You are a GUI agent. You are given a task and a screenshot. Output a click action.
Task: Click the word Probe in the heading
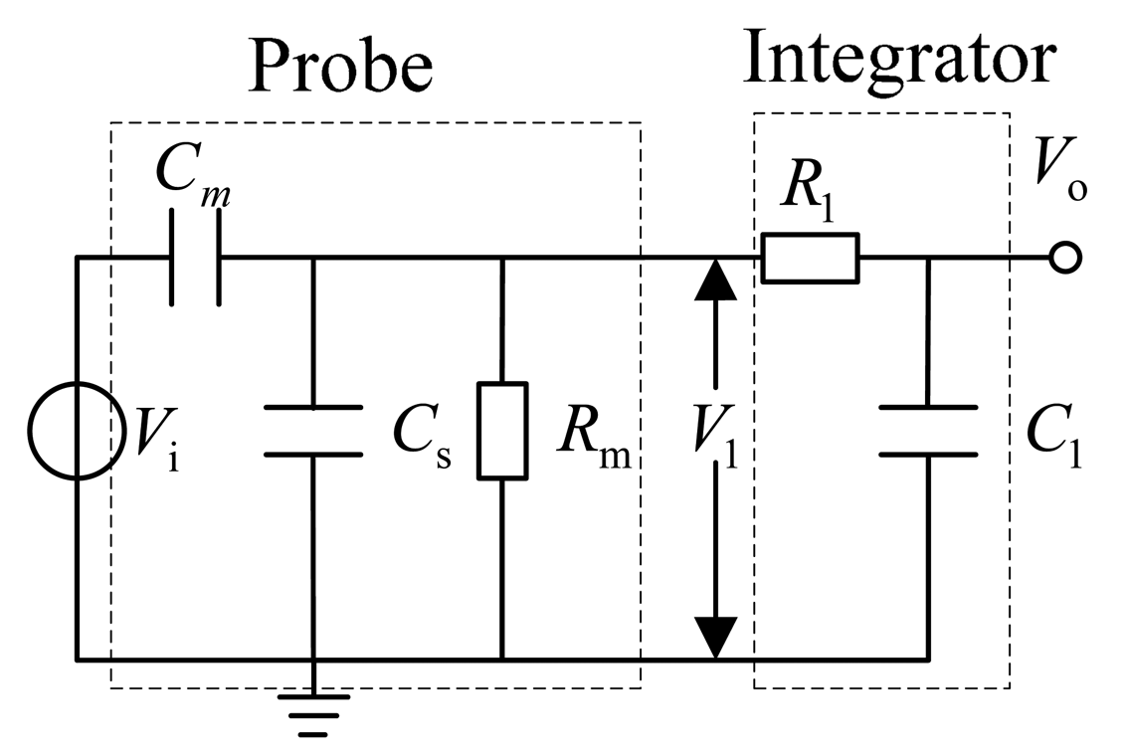click(340, 66)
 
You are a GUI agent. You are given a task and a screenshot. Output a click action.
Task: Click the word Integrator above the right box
click(897, 58)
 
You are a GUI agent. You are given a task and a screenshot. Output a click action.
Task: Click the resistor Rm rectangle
click(501, 431)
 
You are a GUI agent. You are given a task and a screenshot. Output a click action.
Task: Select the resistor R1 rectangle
click(809, 260)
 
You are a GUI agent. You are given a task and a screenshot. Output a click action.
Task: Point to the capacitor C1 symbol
click(927, 431)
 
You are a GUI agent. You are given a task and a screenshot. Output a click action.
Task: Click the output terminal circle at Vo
click(1063, 260)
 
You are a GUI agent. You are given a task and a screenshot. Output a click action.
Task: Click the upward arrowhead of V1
click(715, 281)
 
